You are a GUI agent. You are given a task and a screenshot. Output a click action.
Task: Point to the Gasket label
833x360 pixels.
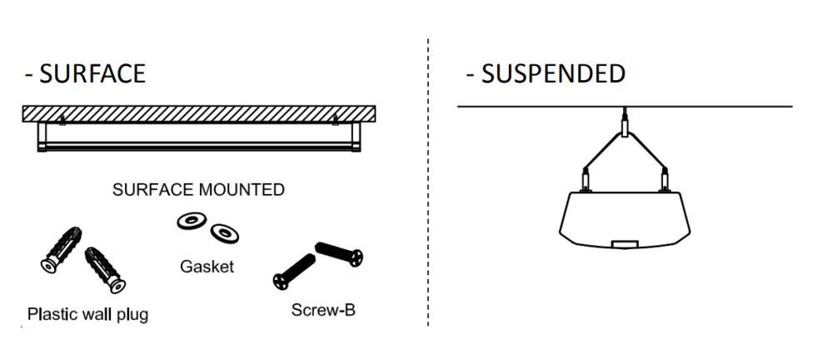(x=207, y=267)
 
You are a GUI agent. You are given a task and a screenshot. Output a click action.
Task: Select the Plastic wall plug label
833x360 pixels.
(x=87, y=315)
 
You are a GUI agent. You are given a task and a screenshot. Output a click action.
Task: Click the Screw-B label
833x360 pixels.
(x=319, y=310)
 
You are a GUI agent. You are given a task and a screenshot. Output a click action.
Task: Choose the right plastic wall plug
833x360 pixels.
(x=105, y=268)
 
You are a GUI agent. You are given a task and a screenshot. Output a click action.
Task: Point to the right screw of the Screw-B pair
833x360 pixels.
(x=340, y=252)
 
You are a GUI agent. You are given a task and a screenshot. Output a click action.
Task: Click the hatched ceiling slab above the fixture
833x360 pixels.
(x=200, y=112)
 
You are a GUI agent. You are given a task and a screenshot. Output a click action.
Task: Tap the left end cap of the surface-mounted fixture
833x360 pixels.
(x=42, y=137)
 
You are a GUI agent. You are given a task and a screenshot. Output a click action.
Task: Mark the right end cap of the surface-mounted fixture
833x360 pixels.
(x=357, y=137)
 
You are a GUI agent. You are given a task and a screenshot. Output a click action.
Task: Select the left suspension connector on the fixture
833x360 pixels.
(x=586, y=178)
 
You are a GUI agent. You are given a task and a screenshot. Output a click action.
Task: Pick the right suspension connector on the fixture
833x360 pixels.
(x=665, y=178)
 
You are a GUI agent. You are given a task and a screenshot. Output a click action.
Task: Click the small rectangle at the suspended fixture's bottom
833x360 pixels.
(x=625, y=244)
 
